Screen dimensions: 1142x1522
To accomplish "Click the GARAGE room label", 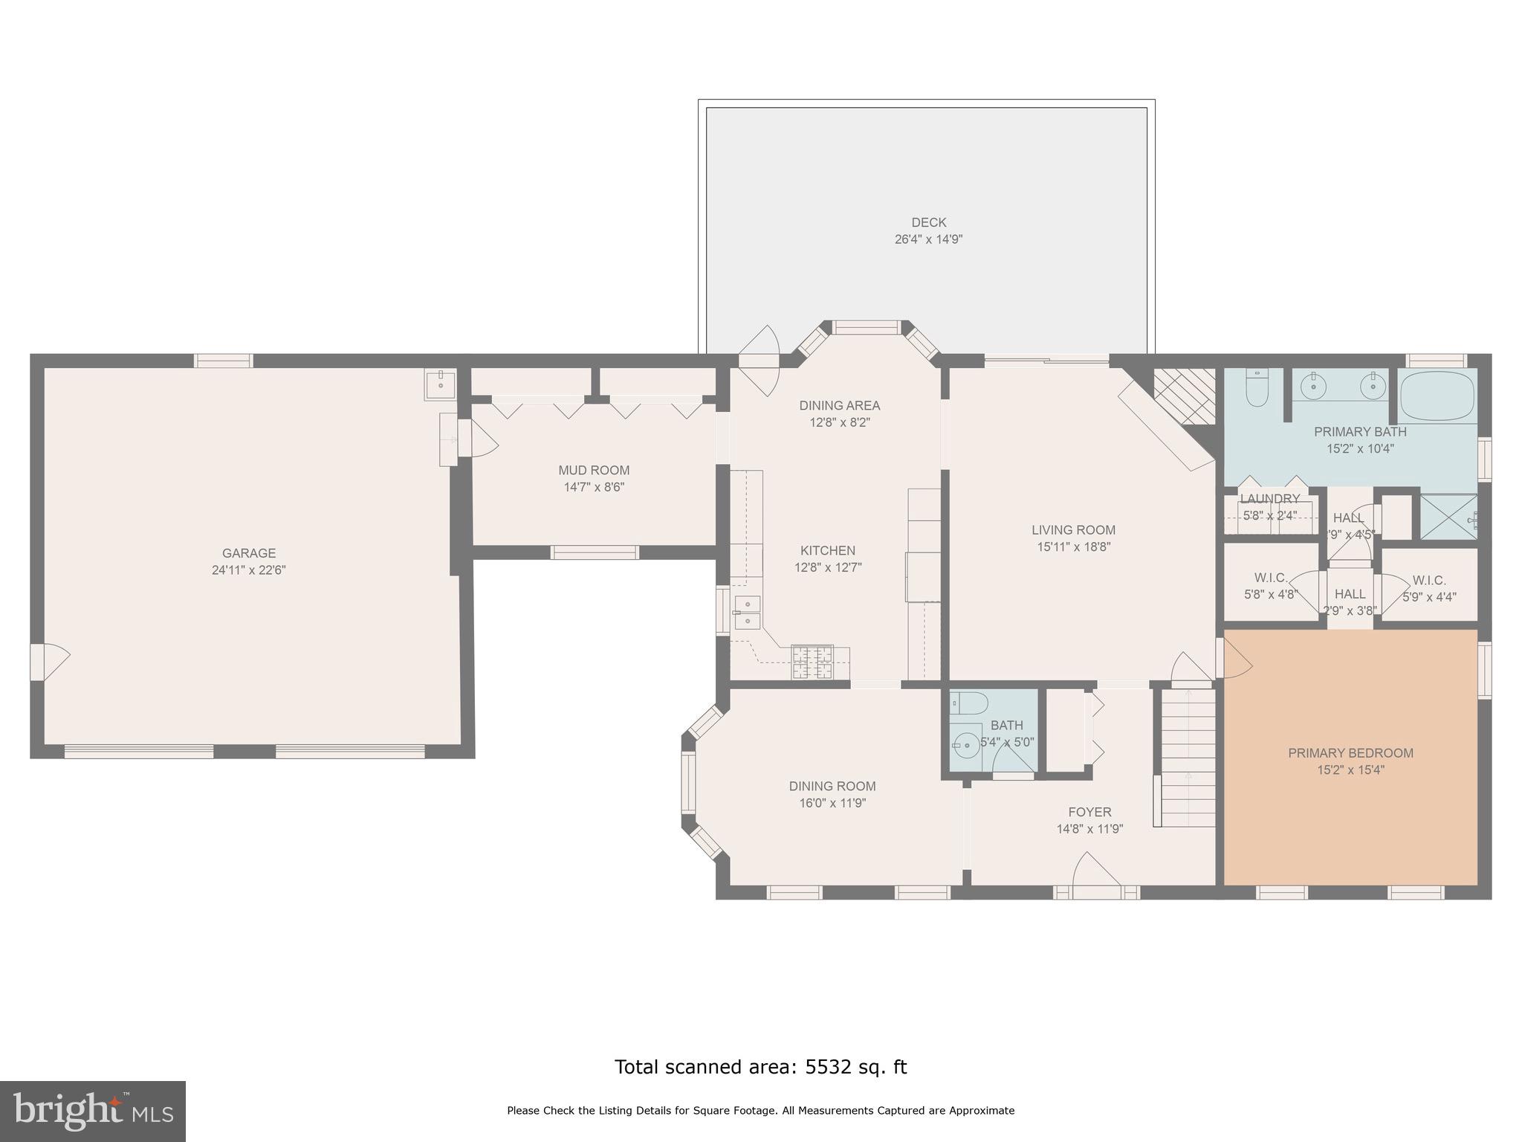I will [248, 552].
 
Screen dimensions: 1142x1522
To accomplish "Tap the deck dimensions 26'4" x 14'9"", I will [928, 239].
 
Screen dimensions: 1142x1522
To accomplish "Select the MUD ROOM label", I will [594, 470].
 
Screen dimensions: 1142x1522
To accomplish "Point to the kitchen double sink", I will [747, 612].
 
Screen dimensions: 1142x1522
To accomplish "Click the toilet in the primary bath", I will [1257, 390].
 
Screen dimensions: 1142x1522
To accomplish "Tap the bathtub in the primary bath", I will [1437, 396].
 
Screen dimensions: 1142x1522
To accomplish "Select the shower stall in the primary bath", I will [1448, 517].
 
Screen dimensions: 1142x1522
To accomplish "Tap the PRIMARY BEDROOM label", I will [1350, 752].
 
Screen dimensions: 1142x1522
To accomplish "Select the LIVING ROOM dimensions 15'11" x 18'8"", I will [1073, 547].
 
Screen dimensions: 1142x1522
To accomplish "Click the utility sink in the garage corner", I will [441, 384].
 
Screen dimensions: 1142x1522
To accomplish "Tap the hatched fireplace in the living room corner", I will [1183, 396].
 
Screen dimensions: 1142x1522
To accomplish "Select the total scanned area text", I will [760, 1067].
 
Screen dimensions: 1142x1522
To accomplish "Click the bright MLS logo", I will [92, 1111].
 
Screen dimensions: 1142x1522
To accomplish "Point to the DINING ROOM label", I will [832, 786].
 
